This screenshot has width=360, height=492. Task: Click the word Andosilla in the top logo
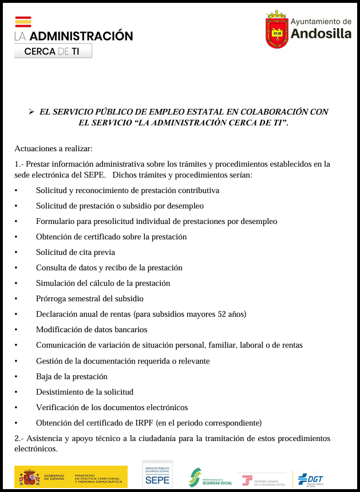click(x=321, y=34)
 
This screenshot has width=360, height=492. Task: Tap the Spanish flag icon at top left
click(x=23, y=22)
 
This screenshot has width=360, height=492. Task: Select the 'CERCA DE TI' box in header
click(x=53, y=51)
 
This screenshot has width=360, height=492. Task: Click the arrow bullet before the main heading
click(x=31, y=112)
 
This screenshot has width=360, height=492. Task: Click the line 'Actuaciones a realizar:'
click(x=53, y=148)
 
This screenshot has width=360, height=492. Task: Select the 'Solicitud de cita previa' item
click(x=76, y=252)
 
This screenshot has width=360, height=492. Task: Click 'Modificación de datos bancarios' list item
click(x=92, y=329)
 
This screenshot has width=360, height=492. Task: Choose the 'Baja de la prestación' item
click(x=72, y=376)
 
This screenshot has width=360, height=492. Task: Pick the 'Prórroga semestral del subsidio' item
click(x=89, y=298)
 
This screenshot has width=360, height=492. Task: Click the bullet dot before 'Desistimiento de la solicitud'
click(x=17, y=392)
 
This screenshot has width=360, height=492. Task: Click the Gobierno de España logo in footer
click(x=43, y=477)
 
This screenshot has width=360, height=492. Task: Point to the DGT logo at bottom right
click(x=311, y=479)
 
